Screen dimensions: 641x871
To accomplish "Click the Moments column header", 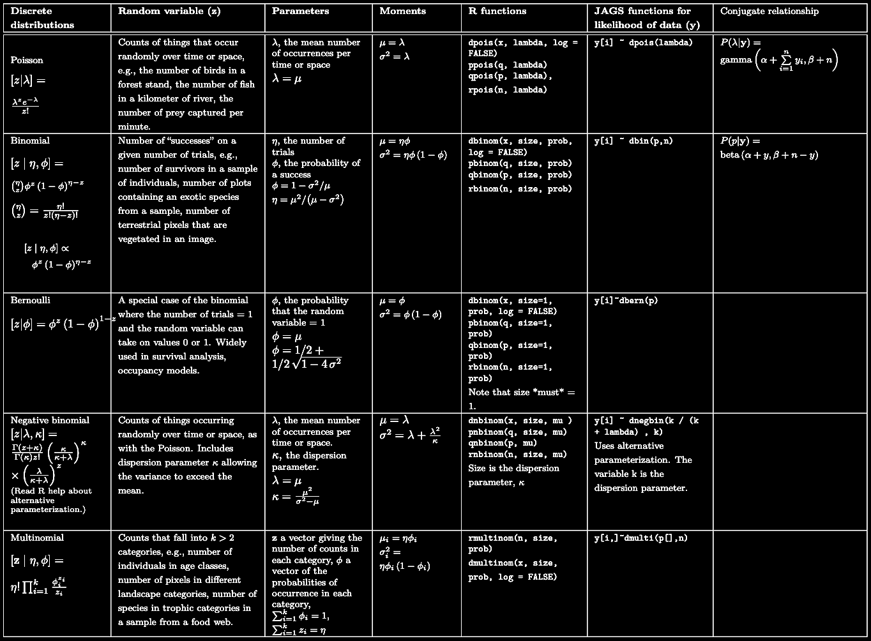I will tap(402, 11).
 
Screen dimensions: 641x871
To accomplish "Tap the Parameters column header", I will tap(300, 11).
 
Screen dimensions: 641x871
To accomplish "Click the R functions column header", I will tap(497, 11).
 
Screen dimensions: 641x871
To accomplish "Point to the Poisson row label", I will tap(27, 60).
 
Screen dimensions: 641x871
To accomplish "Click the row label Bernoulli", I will tap(30, 300).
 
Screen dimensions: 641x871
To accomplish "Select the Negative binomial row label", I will tap(50, 420).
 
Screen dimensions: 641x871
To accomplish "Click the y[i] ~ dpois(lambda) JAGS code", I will tap(643, 43).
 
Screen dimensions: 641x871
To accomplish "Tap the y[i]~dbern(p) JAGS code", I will tap(626, 301).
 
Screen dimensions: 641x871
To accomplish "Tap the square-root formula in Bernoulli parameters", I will tap(307, 364).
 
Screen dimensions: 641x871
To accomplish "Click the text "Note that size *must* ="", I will tap(521, 392).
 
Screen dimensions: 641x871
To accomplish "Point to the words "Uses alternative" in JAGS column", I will tap(619, 446).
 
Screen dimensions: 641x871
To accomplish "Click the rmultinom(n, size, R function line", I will tap(512, 538).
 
